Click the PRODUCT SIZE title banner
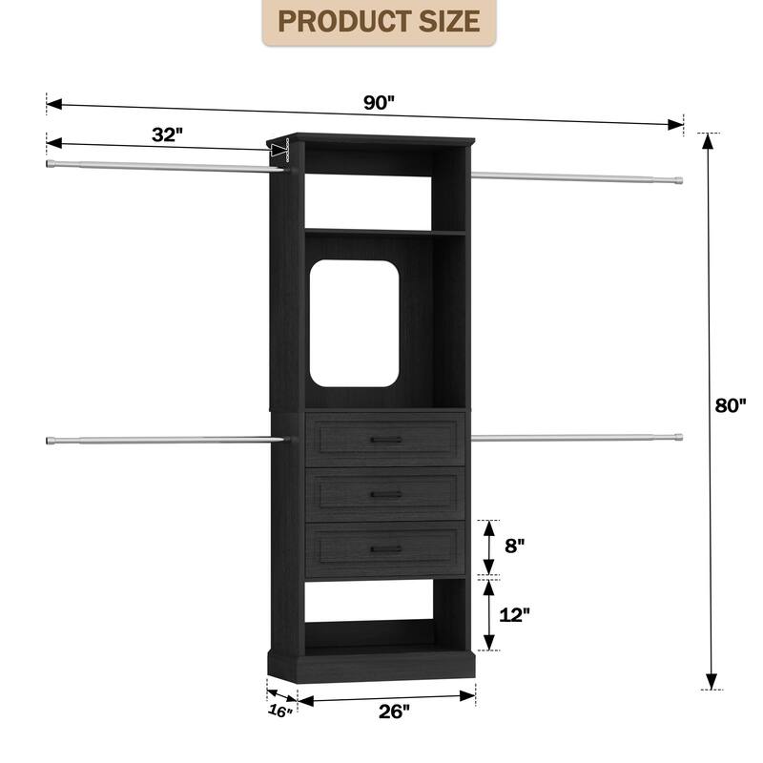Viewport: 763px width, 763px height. (380, 22)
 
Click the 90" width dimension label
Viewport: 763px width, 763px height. (379, 104)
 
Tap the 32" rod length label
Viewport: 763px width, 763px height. (166, 134)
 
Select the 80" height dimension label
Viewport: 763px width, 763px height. (730, 405)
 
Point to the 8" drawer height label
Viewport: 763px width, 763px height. (515, 546)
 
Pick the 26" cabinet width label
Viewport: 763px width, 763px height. (393, 711)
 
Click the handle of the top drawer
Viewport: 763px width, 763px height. (385, 439)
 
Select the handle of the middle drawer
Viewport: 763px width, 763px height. (385, 494)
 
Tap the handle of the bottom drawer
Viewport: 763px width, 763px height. (385, 549)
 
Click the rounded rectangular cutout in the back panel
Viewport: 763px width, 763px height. (355, 323)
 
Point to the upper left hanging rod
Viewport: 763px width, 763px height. (162, 167)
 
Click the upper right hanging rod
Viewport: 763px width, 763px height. (577, 176)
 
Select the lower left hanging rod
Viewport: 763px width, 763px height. (162, 440)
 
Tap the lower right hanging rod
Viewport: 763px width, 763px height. (577, 439)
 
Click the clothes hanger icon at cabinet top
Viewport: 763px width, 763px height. (278, 152)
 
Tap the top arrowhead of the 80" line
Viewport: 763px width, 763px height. (708, 141)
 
